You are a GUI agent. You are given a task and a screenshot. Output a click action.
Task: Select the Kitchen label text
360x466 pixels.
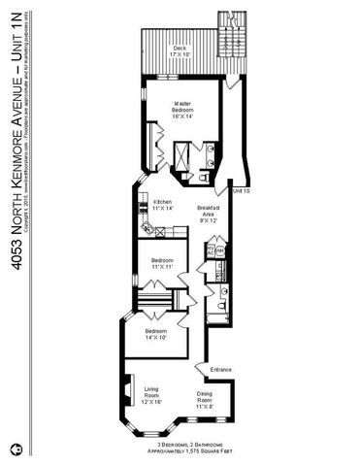tap(163, 205)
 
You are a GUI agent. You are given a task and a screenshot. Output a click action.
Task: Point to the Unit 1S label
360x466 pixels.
tap(242, 190)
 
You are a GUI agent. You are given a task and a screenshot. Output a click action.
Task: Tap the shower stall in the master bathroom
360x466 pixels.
tap(181, 155)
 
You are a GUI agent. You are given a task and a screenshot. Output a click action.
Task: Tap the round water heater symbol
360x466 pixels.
tap(220, 250)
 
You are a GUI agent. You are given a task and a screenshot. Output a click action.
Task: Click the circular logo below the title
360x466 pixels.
tap(17, 449)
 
